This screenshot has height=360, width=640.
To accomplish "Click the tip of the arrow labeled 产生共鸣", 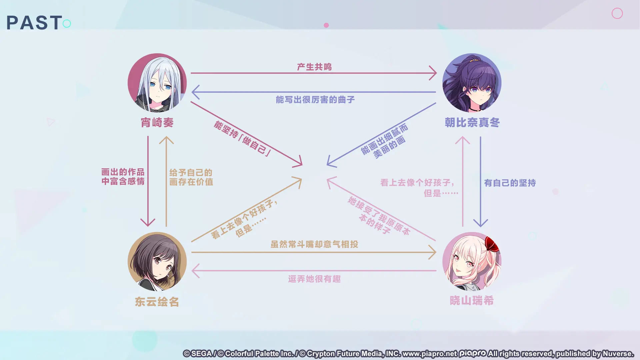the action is point(436,73).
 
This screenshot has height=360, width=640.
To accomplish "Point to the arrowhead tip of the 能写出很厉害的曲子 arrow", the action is point(192,92).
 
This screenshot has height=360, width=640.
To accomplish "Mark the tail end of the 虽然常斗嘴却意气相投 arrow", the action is point(192,252).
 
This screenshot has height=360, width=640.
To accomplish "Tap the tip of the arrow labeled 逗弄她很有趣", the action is point(192,271).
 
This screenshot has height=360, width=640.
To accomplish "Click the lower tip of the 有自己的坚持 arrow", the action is point(480,226).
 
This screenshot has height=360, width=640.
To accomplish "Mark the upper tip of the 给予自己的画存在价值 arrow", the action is point(166,137).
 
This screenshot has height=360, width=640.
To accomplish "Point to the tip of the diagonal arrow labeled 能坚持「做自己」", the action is point(302,165).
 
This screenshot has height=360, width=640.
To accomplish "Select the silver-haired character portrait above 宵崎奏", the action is point(157,83).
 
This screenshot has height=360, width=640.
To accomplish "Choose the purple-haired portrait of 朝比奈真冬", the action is point(472,83).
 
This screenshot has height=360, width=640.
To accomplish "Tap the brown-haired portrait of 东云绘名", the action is point(157,261).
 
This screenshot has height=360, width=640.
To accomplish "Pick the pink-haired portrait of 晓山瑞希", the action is point(472,261).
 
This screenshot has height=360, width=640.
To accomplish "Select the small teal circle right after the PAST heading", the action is point(67,23).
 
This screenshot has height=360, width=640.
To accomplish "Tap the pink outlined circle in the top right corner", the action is point(617,13).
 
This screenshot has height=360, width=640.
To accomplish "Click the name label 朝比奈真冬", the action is point(472,122).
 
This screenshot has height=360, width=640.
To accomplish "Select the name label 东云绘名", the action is point(157,302).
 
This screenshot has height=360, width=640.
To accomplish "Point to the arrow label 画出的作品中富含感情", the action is point(123,177).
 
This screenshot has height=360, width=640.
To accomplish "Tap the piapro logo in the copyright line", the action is point(472,354).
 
